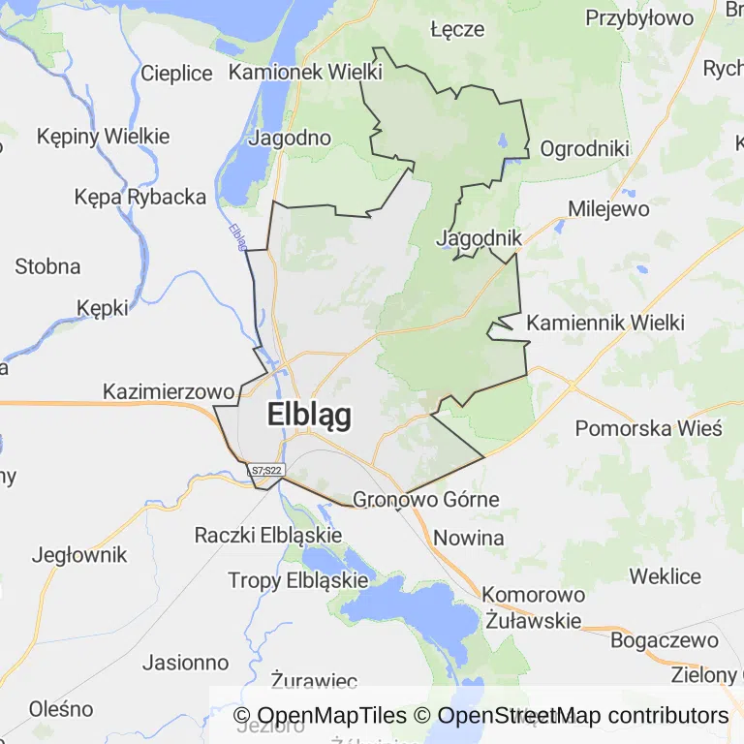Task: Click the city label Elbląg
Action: tap(309, 415)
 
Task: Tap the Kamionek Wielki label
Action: tap(306, 72)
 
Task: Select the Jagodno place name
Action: tap(290, 138)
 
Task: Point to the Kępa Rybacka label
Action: tap(140, 197)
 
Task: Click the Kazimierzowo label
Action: tap(170, 392)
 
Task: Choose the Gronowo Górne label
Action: tap(426, 500)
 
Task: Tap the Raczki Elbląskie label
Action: tap(268, 535)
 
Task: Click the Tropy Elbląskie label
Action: tap(298, 580)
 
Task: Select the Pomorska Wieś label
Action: tap(649, 428)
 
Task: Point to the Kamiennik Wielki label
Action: tap(605, 323)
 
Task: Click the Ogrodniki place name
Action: tap(585, 148)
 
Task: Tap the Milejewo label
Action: tap(608, 208)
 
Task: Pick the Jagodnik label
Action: tap(480, 237)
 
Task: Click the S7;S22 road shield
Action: tap(265, 471)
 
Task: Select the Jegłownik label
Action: tap(79, 555)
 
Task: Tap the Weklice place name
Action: tap(665, 576)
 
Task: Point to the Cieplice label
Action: tap(176, 73)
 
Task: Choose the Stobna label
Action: tap(47, 265)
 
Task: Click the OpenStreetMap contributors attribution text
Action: tap(583, 716)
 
